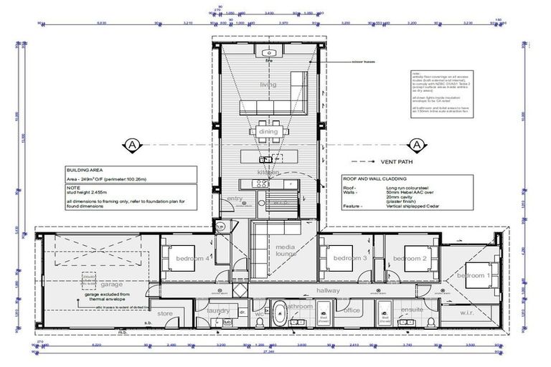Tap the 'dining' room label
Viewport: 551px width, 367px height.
click(x=268, y=132)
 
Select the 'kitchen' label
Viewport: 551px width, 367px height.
click(x=268, y=172)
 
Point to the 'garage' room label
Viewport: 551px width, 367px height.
click(x=92, y=284)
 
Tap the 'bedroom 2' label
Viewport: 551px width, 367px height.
click(x=415, y=258)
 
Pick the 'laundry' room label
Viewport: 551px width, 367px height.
click(x=218, y=310)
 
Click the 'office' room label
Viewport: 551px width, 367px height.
click(x=352, y=310)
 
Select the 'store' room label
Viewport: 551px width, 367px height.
click(x=166, y=313)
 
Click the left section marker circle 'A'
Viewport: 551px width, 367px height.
click(x=131, y=144)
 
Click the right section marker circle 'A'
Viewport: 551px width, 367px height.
click(x=419, y=144)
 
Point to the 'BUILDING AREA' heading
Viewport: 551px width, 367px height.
click(x=82, y=171)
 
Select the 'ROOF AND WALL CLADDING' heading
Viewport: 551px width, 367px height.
click(x=374, y=178)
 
